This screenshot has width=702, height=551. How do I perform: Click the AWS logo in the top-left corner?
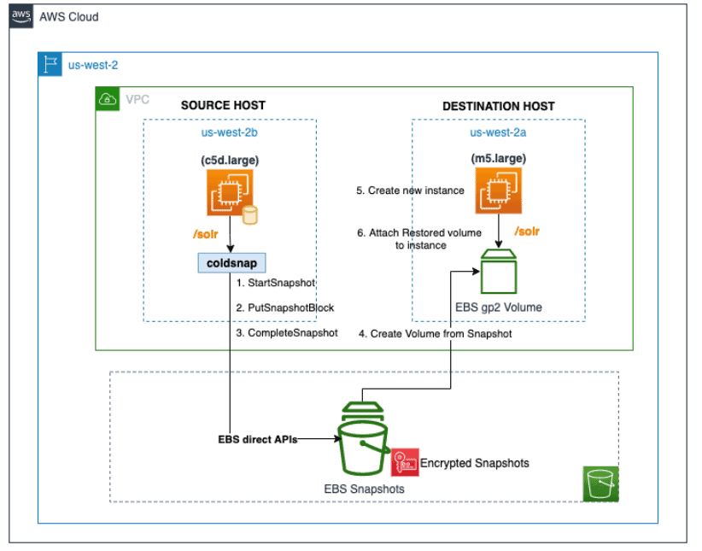click(x=22, y=16)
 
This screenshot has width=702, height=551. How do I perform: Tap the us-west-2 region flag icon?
click(x=50, y=64)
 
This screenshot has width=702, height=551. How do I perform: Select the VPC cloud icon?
click(x=108, y=99)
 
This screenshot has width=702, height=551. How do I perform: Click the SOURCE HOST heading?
click(x=223, y=105)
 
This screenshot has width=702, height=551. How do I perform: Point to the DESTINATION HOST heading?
click(x=498, y=106)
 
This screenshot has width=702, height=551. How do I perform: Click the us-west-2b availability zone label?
click(x=223, y=132)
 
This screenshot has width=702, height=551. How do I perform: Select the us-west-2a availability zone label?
click(x=498, y=132)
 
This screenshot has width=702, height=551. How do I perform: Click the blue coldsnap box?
click(x=231, y=262)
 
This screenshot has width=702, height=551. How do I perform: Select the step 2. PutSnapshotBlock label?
click(x=285, y=307)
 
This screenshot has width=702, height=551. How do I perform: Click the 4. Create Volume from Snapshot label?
click(x=436, y=333)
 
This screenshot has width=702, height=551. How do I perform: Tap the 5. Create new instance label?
click(x=410, y=190)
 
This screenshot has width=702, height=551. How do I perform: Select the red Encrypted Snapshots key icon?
click(x=404, y=462)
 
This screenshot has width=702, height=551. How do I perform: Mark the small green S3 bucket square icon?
click(x=601, y=484)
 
